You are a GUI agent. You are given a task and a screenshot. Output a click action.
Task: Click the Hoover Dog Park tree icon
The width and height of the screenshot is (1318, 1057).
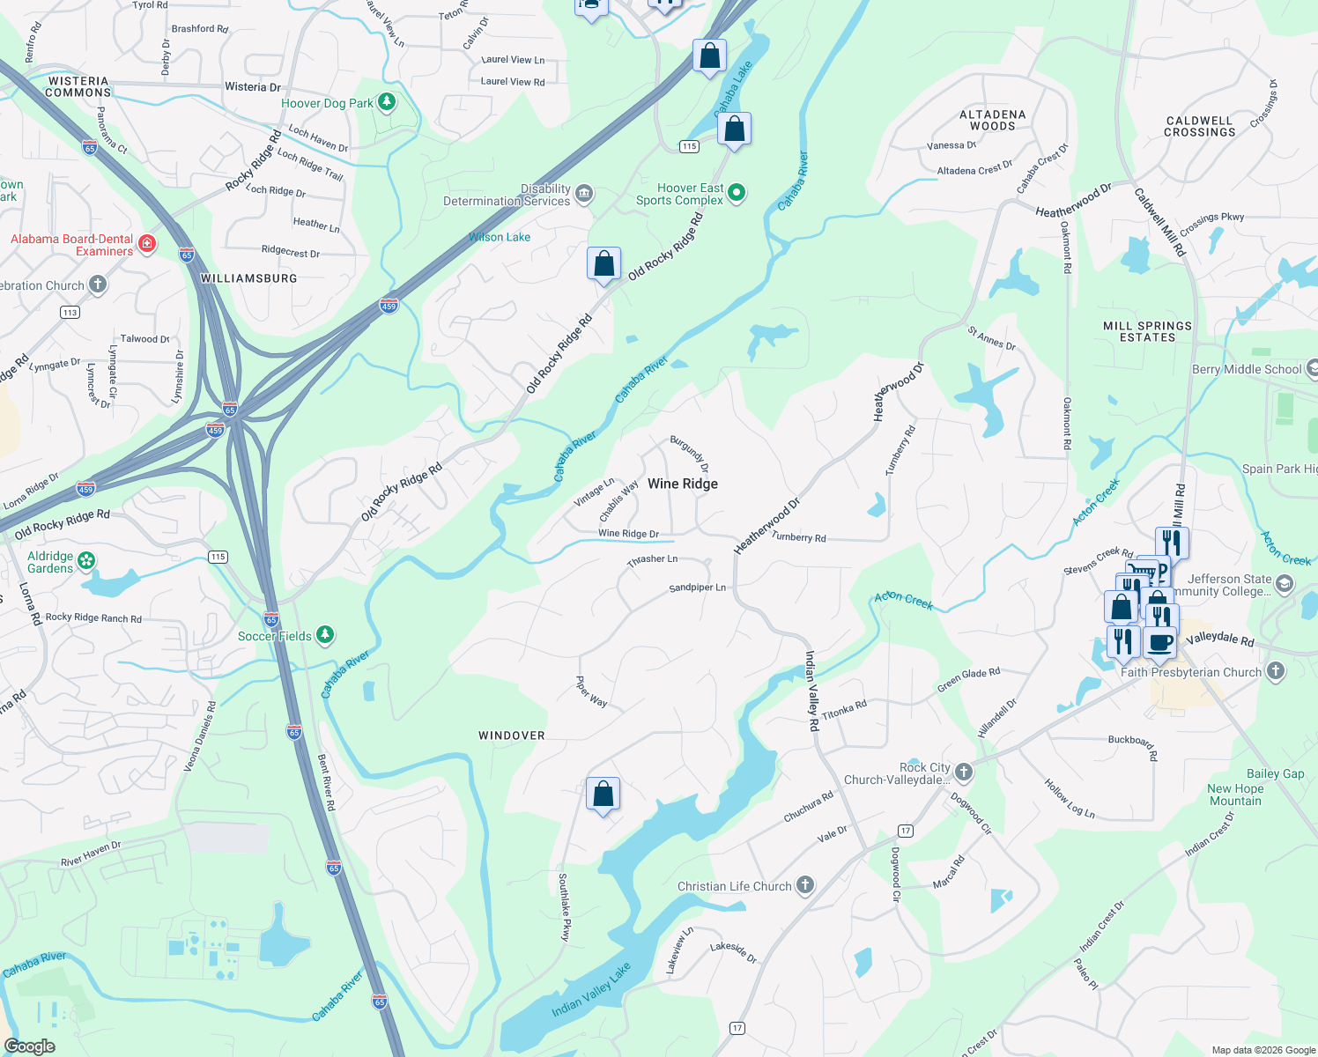point(386,102)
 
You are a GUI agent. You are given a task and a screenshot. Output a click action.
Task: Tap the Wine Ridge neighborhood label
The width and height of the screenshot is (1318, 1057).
point(682,484)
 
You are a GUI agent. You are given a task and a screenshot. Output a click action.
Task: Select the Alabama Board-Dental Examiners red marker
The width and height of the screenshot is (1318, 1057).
point(147,244)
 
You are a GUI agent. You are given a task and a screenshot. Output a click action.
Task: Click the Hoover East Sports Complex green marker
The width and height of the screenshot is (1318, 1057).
point(737,192)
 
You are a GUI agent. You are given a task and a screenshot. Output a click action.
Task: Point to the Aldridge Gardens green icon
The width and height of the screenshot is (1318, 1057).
point(86,560)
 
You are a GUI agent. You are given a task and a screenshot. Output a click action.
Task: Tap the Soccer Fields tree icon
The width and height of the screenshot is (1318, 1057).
point(325,634)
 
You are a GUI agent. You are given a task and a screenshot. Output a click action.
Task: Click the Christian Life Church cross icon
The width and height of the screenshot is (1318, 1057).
point(805,885)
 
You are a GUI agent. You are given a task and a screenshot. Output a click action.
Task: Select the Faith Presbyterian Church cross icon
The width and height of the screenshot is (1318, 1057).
point(1275,671)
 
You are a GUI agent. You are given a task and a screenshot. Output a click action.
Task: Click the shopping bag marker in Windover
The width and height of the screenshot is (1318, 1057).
point(603,794)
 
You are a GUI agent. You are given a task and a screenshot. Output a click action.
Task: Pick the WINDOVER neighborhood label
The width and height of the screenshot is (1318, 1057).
point(511,735)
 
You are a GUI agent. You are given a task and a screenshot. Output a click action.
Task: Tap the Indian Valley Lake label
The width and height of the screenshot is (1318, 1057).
point(591,989)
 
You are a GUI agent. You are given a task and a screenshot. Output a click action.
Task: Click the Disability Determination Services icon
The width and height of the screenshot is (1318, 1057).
point(584,194)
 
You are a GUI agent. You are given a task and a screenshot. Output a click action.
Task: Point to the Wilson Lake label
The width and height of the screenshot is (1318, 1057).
point(500,237)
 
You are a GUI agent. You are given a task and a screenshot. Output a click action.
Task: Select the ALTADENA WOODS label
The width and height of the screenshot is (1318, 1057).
point(992,121)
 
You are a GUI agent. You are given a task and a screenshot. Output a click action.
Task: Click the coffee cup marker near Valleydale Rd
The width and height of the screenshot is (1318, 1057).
point(1160,641)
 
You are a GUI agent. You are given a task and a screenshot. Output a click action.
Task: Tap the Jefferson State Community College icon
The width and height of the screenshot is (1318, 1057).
point(1285,583)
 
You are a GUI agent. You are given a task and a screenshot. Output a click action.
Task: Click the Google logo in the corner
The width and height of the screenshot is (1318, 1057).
point(29,1046)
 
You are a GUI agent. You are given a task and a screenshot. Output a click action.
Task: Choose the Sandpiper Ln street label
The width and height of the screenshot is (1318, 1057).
point(697,588)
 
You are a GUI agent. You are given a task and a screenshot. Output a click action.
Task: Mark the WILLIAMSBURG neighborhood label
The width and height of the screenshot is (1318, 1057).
point(249,278)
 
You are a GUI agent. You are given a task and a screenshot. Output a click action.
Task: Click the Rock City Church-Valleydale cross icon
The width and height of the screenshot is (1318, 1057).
point(964,772)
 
